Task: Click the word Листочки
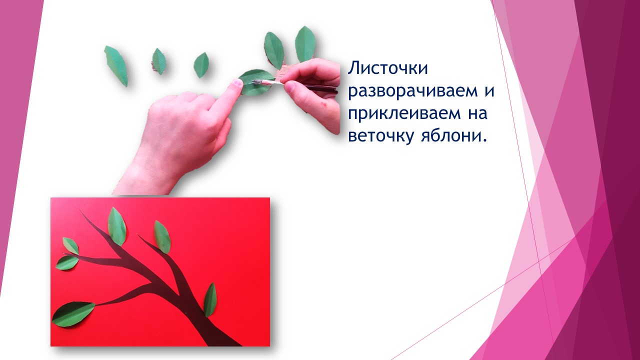[387, 68]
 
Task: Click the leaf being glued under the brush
[254, 82]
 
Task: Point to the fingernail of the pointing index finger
[236, 83]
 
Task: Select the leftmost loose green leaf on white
[116, 66]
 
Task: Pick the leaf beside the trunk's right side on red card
[210, 299]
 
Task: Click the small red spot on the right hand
[323, 104]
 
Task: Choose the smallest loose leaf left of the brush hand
[201, 65]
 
